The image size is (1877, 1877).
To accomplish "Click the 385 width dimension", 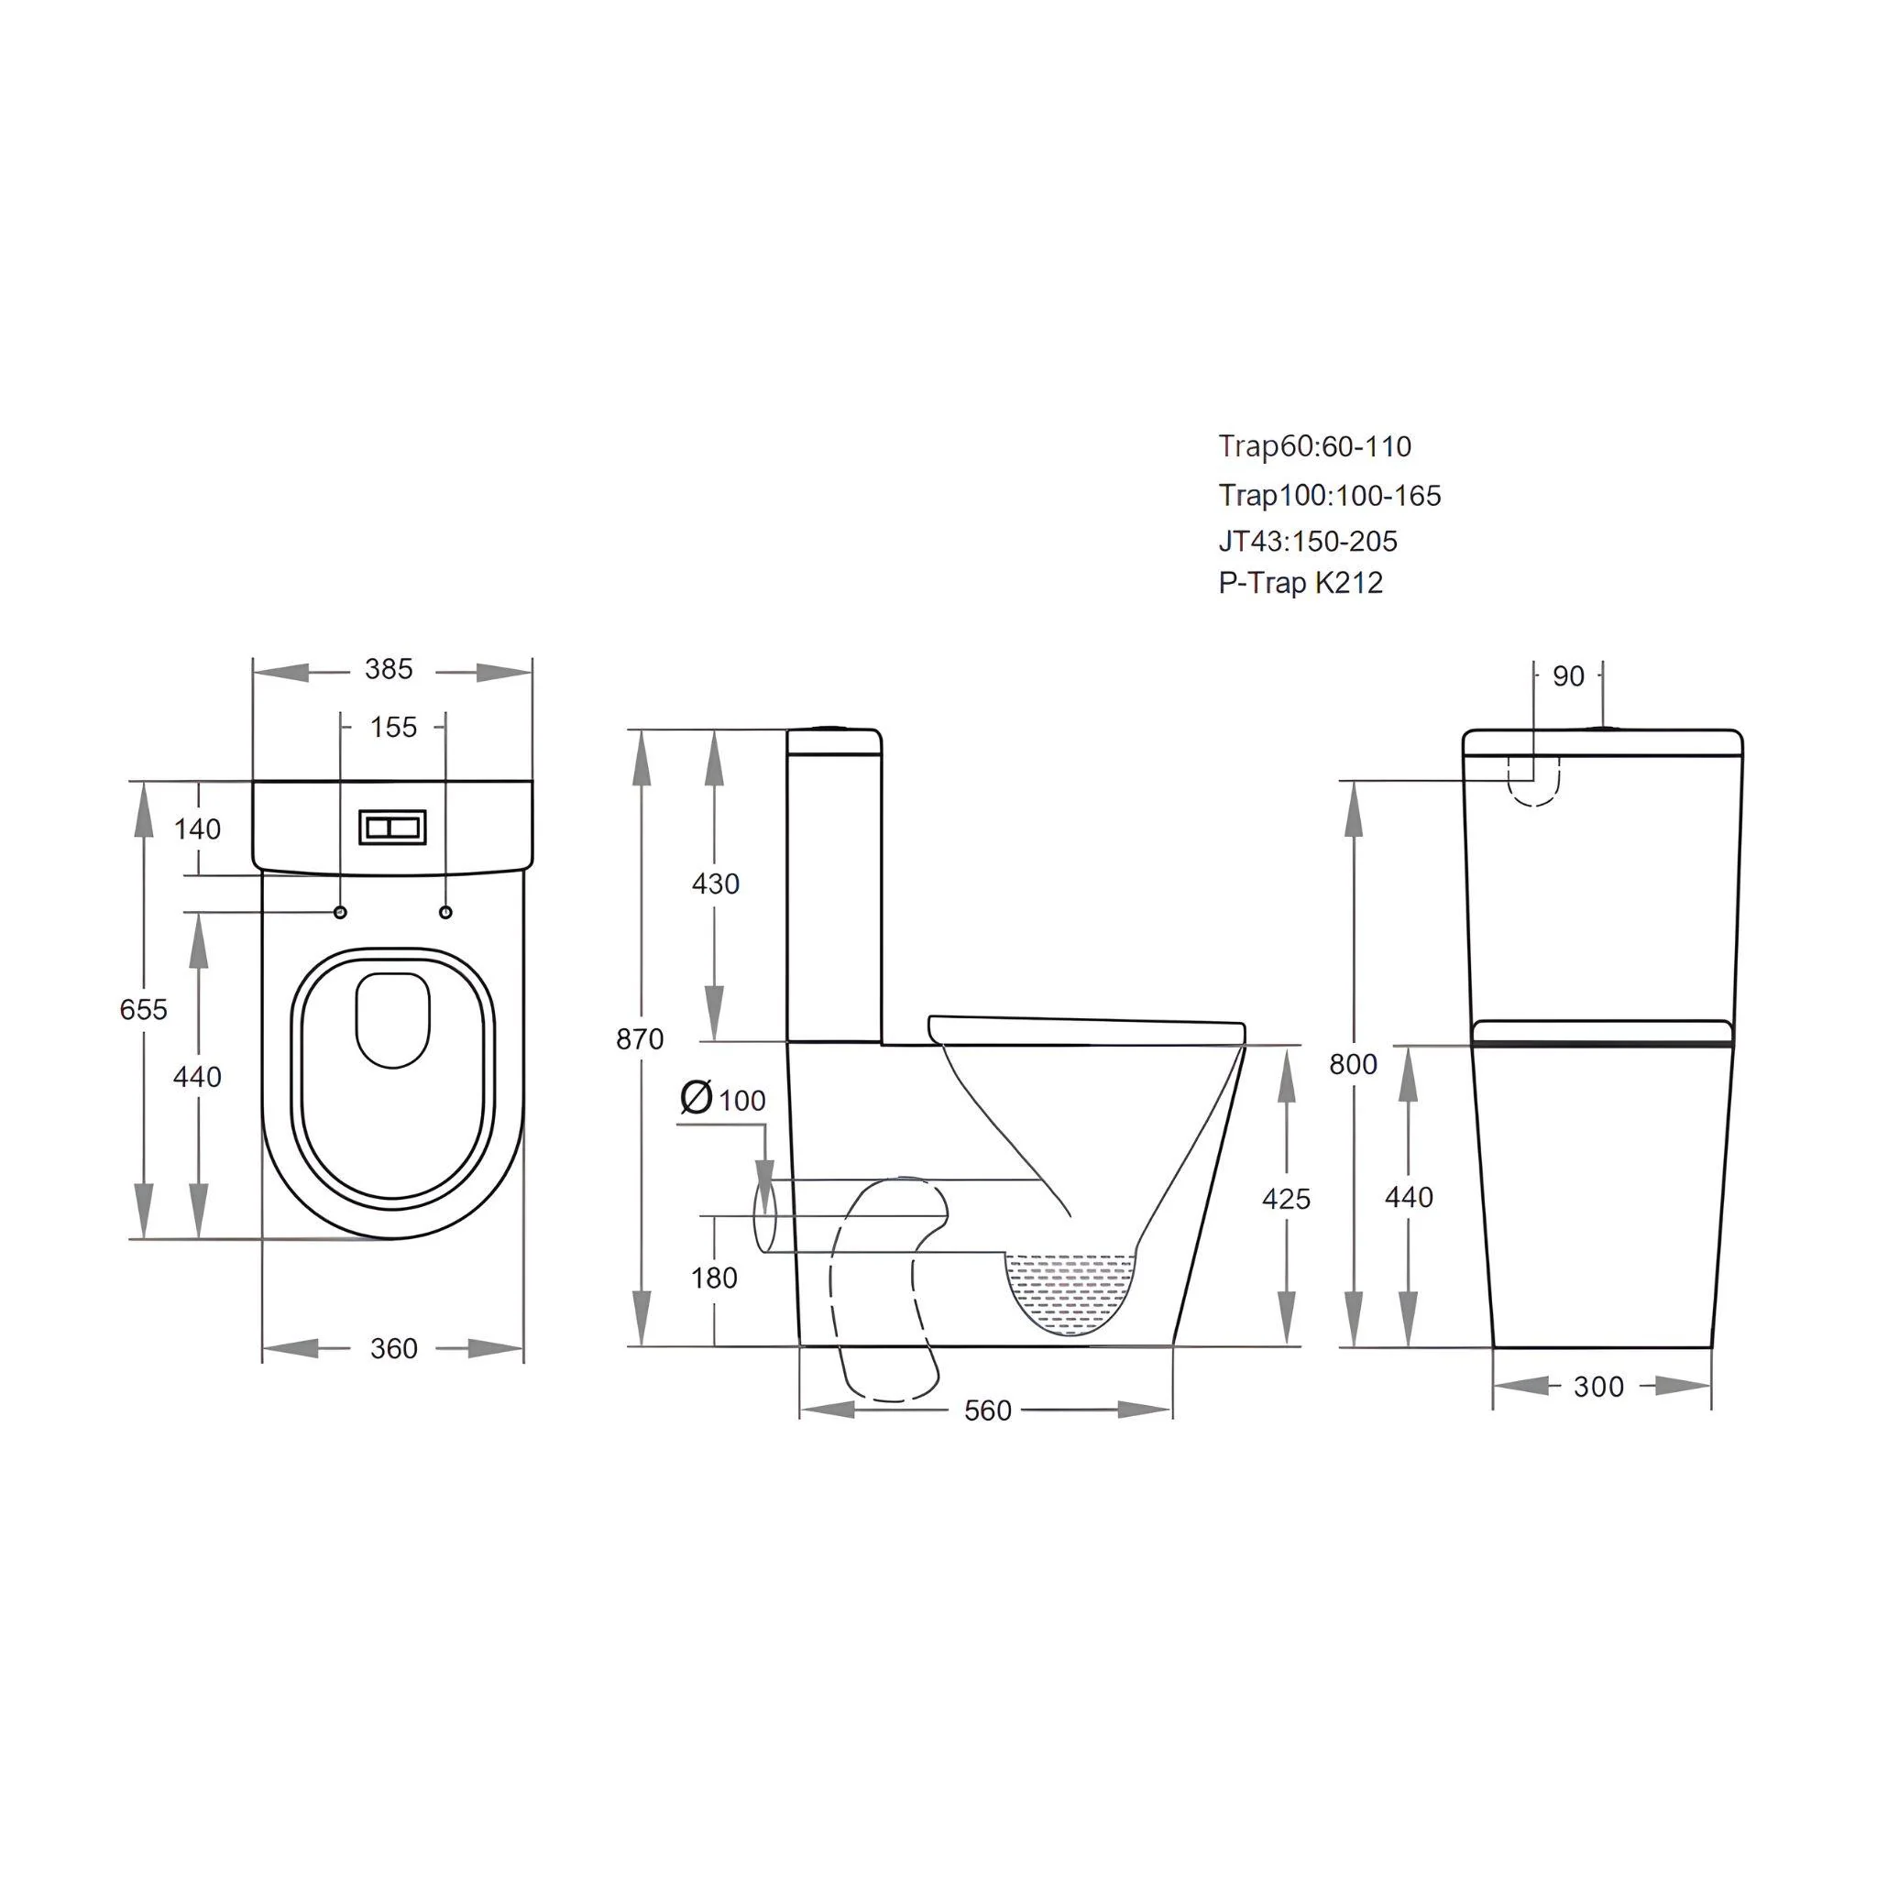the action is pos(389,669).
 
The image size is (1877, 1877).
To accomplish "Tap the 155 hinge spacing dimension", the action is pos(393,728).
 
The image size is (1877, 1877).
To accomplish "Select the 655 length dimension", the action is pos(143,1009).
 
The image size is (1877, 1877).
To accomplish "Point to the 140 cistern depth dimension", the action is pos(197,829).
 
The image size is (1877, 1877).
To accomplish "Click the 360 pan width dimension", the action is pos(393,1348).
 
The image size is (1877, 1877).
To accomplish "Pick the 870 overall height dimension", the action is pos(640,1038).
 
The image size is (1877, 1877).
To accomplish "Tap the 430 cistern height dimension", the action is pos(715,884).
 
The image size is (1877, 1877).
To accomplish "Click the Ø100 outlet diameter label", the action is pos(723,1098).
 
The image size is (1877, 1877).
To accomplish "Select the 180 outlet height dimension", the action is pos(714,1278).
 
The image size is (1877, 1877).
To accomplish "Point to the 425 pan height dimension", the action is pos(1286,1199).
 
